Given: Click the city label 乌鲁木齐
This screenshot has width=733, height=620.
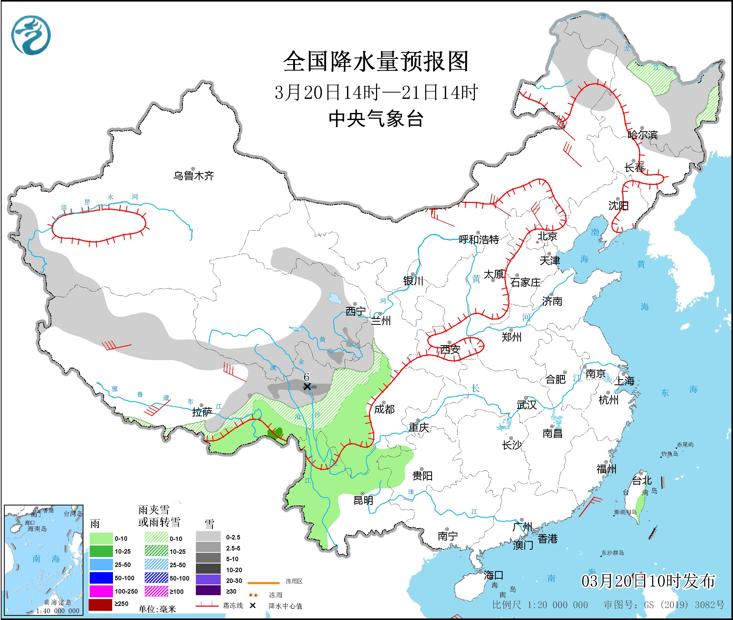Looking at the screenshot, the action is (193, 175).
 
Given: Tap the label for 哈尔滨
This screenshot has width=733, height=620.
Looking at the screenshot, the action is (642, 135).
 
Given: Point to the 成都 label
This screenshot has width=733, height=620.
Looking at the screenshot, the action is (384, 409).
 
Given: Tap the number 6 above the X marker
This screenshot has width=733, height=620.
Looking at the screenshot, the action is (306, 377).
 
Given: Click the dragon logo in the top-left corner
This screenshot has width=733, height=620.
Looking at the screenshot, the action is (31, 35).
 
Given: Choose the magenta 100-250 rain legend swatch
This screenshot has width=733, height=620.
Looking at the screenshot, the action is (100, 591).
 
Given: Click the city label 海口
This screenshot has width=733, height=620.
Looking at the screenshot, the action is (493, 575).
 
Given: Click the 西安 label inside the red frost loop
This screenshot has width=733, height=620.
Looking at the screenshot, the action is (450, 349).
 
